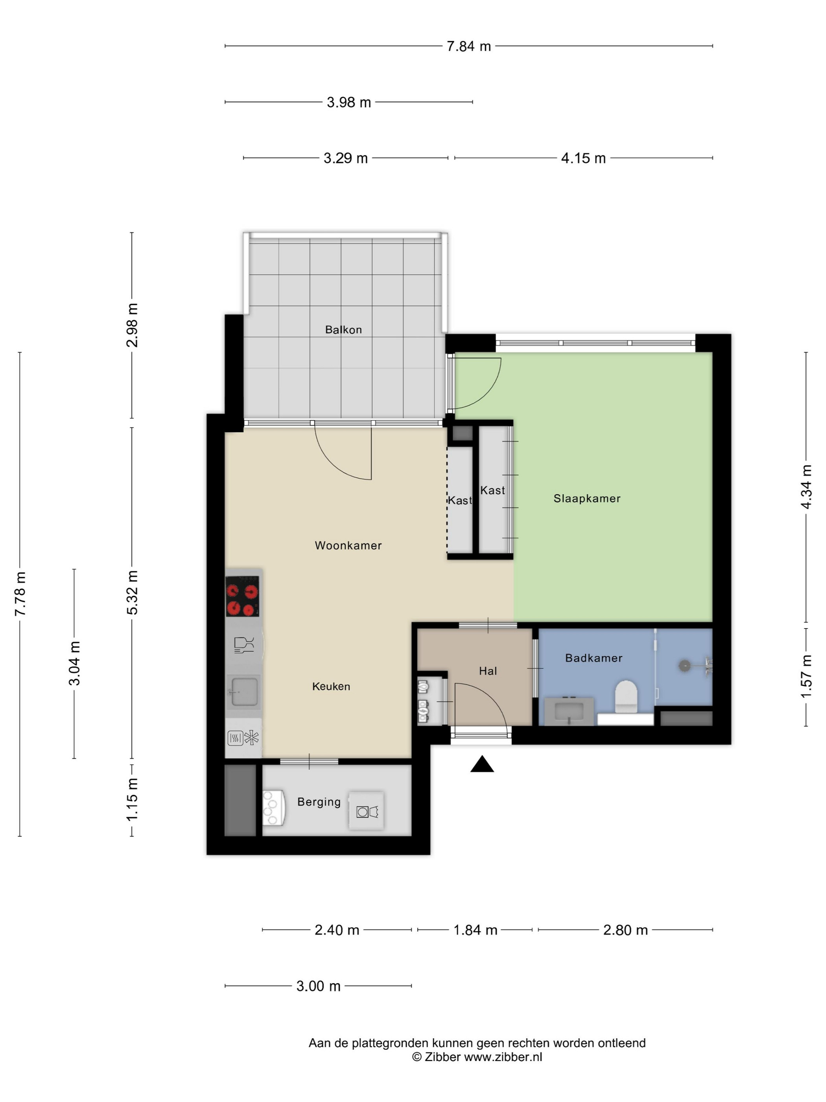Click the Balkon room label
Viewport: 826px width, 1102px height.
pos(343,329)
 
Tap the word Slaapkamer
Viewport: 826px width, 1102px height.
pos(587,499)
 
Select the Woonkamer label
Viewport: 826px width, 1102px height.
pos(348,545)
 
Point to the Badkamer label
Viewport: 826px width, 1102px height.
pos(594,658)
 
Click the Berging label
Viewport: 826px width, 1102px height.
pos(319,802)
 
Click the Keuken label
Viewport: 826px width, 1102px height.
pos(331,686)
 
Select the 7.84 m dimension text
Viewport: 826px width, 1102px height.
pos(468,46)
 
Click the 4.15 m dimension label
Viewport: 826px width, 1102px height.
pos(583,159)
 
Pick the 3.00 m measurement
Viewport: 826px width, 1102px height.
pos(318,986)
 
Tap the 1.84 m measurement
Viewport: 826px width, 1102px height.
pos(475,930)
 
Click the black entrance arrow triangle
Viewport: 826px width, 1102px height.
pos(482,764)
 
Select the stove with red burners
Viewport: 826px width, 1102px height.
pos(242,596)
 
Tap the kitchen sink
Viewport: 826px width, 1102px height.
pos(243,691)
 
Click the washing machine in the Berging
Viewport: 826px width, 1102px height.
pos(366,810)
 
